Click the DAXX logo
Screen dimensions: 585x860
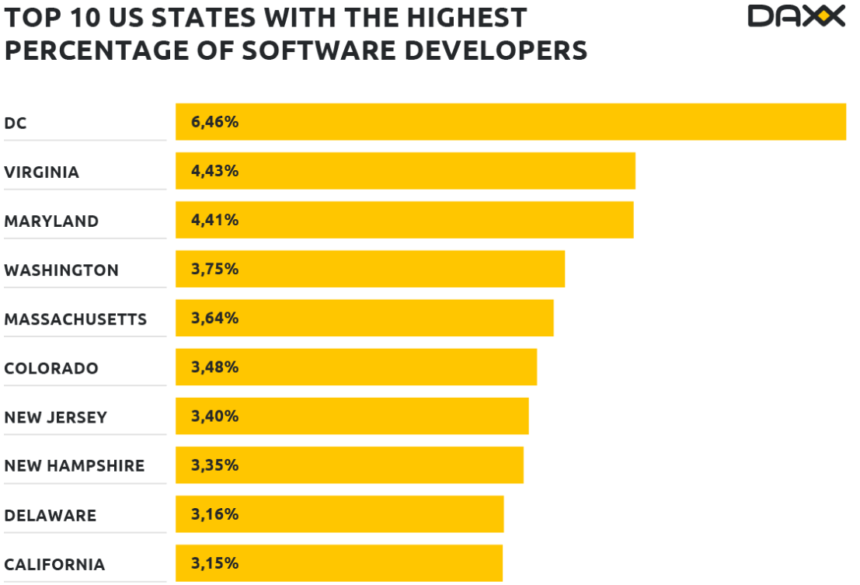[x=796, y=16]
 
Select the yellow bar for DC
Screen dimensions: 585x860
[x=510, y=122]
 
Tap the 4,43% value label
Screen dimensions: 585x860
[x=214, y=171]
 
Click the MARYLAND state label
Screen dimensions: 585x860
[x=51, y=221]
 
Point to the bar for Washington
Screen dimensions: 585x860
[x=370, y=269]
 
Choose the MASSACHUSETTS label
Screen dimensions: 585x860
[x=75, y=319]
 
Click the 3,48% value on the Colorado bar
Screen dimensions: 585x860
[x=214, y=367]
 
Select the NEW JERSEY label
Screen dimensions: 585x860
[x=55, y=417]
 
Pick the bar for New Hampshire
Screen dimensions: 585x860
[x=350, y=465]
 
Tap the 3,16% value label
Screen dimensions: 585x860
[x=214, y=514]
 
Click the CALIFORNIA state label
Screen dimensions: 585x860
[x=54, y=565]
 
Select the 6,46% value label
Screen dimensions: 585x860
[x=214, y=122]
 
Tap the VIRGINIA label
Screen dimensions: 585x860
[x=42, y=172]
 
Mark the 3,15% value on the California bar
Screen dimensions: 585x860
[x=214, y=563]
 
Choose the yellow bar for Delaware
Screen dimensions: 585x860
[x=339, y=514]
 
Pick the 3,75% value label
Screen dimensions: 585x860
[x=214, y=269]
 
